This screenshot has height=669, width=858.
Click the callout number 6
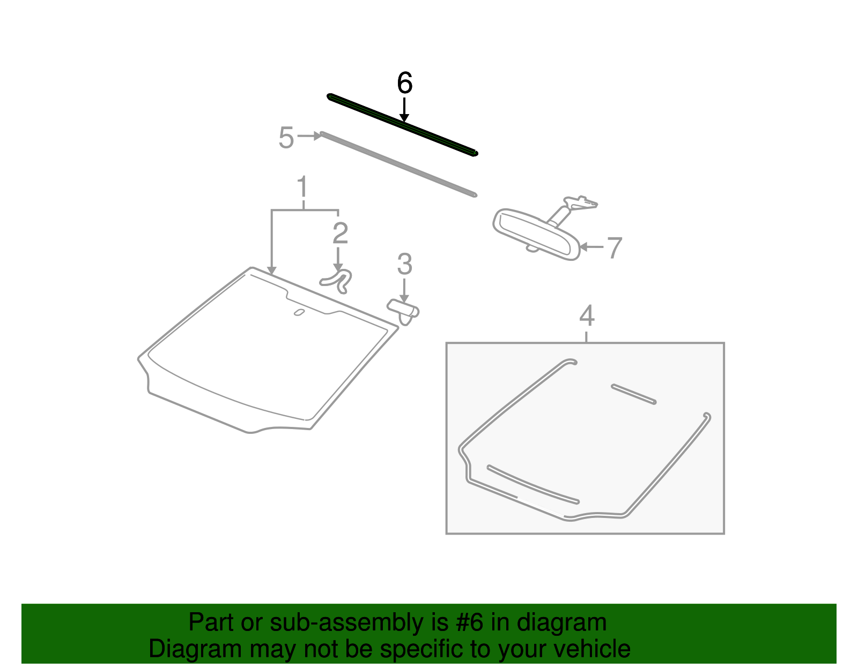(404, 83)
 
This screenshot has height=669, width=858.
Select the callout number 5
(286, 138)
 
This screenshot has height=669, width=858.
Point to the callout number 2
(340, 233)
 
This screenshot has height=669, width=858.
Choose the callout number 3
(404, 264)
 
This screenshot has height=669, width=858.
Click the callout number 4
(587, 315)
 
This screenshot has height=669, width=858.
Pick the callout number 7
(615, 248)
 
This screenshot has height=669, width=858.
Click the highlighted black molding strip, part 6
(402, 125)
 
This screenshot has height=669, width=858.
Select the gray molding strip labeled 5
(399, 164)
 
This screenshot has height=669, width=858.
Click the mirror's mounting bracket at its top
(580, 202)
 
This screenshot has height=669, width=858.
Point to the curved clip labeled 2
(337, 281)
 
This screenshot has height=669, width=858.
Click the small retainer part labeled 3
(403, 312)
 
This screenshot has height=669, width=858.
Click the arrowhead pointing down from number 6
(404, 117)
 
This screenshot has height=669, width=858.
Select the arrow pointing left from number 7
(591, 247)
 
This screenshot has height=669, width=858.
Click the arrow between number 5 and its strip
(309, 136)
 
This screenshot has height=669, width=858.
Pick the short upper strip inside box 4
(634, 394)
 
